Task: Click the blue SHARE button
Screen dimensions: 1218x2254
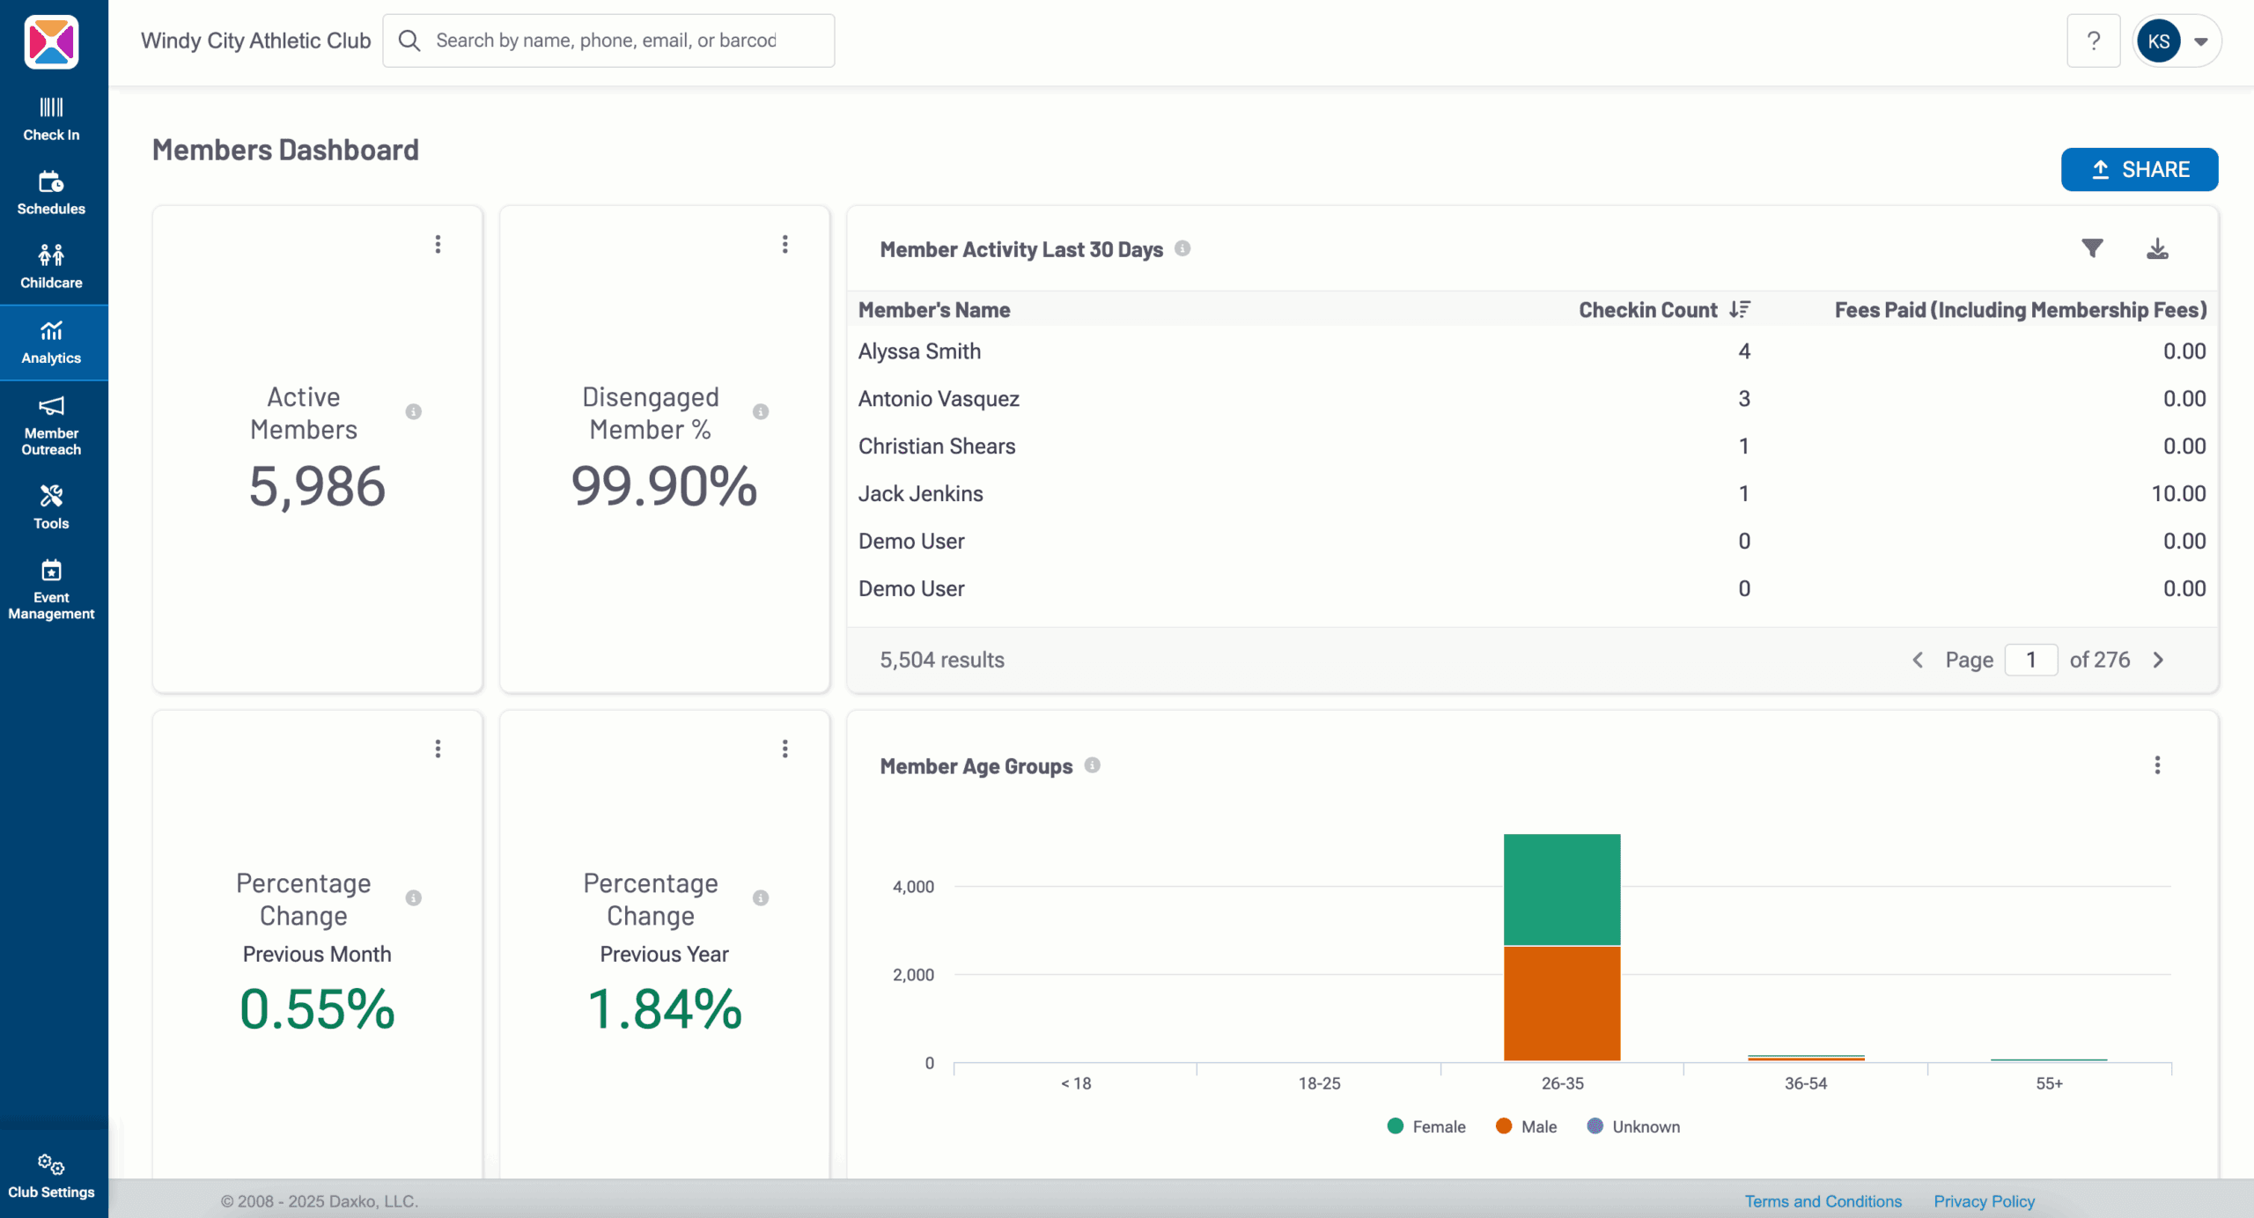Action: [x=2139, y=169]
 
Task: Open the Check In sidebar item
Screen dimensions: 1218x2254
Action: [x=51, y=119]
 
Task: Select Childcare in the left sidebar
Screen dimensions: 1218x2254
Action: [x=51, y=267]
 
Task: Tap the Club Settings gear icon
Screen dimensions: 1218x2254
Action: [x=51, y=1164]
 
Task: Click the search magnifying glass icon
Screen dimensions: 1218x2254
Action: [x=409, y=41]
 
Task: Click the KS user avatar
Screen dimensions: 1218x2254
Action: [x=2158, y=41]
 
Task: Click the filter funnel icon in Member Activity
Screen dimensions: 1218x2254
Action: [x=2092, y=248]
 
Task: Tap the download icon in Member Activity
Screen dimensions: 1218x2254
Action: [x=2157, y=249]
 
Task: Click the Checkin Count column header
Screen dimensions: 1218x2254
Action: [x=1647, y=310]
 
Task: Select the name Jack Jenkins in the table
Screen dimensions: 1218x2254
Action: [x=920, y=494]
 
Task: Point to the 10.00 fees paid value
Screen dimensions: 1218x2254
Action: [x=2178, y=494]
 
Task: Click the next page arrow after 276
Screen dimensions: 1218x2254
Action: [x=2159, y=660]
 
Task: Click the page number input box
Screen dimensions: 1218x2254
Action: [x=2030, y=660]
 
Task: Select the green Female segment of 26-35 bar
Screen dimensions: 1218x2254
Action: [x=1562, y=890]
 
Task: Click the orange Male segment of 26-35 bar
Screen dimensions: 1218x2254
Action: [x=1562, y=1003]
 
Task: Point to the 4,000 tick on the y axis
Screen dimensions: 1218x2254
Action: [x=913, y=887]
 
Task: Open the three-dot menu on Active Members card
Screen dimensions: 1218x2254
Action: [x=438, y=244]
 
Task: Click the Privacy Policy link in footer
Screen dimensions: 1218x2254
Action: [x=1984, y=1201]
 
